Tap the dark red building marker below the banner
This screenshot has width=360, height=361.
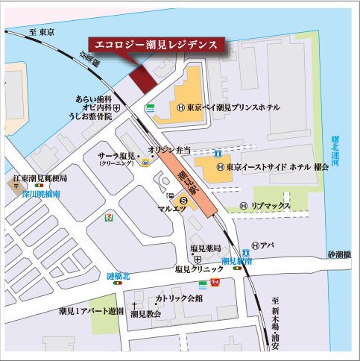pyautogui.click(x=139, y=78)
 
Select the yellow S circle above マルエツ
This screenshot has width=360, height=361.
pyautogui.click(x=184, y=200)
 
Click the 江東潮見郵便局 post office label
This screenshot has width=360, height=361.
pyautogui.click(x=40, y=180)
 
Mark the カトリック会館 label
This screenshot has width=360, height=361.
pyautogui.click(x=179, y=298)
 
